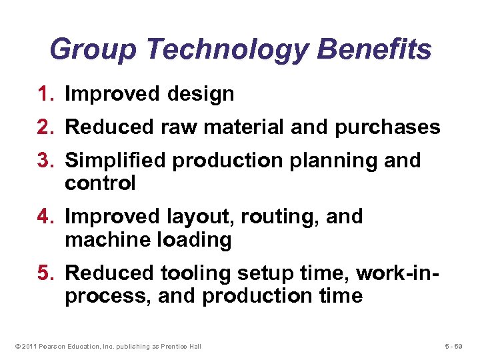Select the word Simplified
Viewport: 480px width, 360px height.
117,161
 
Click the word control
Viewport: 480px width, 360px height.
100,183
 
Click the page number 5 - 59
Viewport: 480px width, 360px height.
458,345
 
